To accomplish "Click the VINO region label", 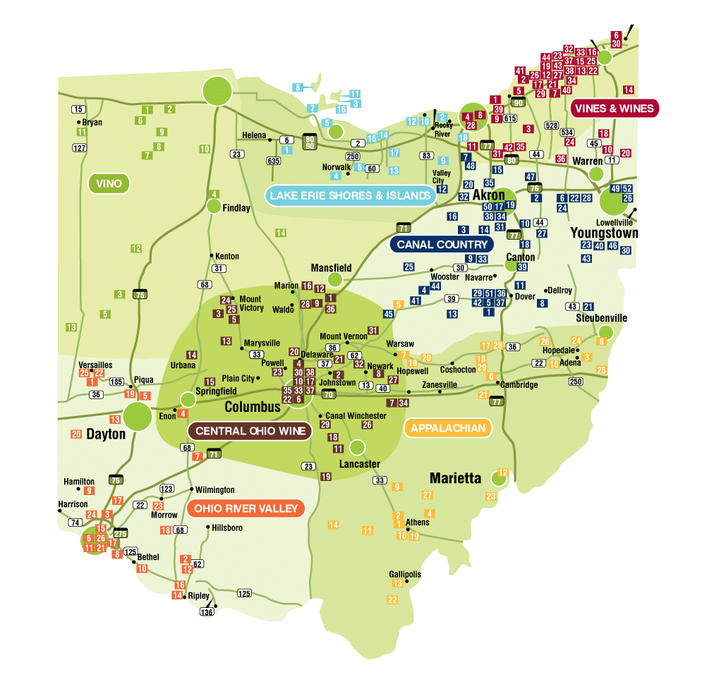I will [x=109, y=184].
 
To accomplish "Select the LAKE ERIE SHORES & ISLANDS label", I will [x=350, y=195].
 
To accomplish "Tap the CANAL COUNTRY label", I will [x=442, y=245].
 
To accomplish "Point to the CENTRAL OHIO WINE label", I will [x=250, y=431].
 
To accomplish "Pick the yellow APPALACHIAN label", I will [x=448, y=428].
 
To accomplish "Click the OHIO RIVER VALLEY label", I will [x=246, y=508].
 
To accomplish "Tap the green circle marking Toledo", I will [x=217, y=90].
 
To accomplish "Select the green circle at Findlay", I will [x=214, y=206].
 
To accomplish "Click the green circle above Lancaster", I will [x=357, y=447].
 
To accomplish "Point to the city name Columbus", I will [x=253, y=408].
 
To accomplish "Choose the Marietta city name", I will [x=455, y=478].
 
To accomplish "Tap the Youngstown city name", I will [x=604, y=233].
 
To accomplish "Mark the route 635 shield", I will [x=274, y=161].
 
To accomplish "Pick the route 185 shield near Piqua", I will [x=116, y=383].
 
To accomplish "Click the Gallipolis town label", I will [x=405, y=574].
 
